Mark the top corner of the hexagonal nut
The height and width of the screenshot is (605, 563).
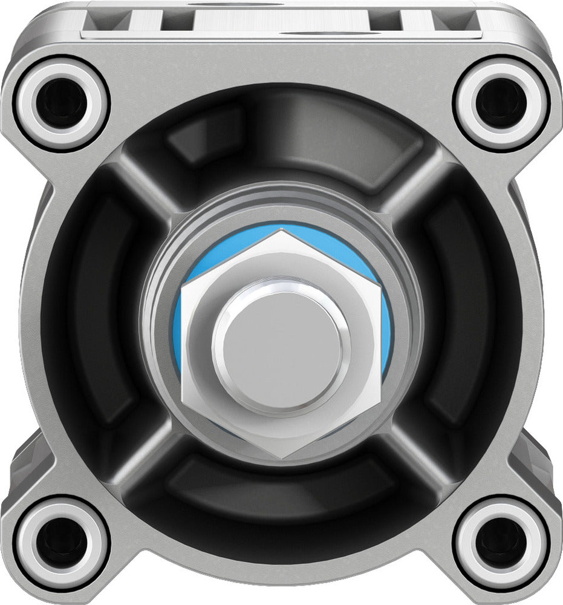282,231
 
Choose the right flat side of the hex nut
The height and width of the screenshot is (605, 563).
378,345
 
